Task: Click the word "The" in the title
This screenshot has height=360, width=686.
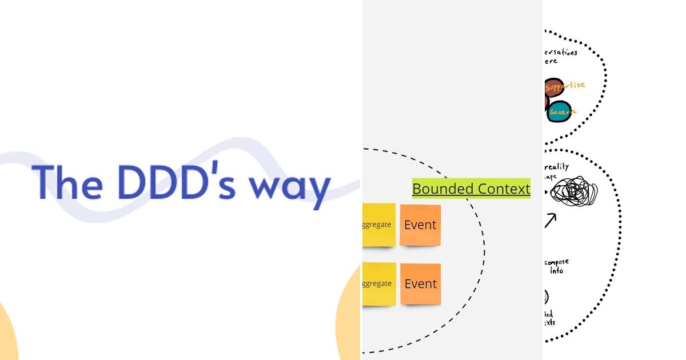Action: [x=67, y=182]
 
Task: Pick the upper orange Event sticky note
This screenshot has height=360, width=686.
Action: [x=420, y=225]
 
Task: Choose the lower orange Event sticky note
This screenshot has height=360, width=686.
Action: [x=420, y=284]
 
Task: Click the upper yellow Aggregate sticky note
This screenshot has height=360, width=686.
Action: [x=378, y=225]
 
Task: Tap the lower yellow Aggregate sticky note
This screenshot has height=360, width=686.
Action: [x=378, y=283]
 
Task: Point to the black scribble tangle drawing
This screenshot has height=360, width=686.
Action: [x=573, y=193]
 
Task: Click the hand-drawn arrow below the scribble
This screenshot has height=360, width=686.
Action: [x=550, y=221]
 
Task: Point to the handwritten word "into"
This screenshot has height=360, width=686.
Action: [x=556, y=271]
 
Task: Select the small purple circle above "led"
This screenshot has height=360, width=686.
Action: [x=546, y=297]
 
